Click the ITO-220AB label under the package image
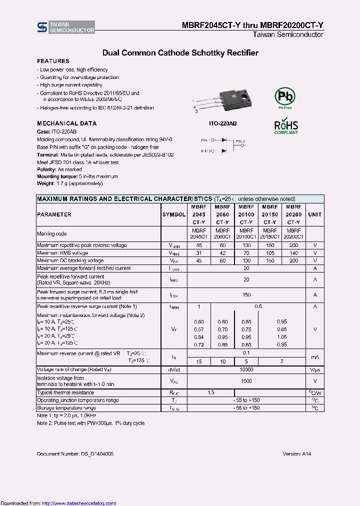click(222, 123)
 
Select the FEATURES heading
click(53, 60)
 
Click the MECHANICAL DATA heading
click(66, 123)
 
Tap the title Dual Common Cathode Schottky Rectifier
click(180, 52)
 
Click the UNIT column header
click(314, 214)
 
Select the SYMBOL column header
click(173, 214)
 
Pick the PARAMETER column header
click(54, 214)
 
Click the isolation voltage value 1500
click(246, 381)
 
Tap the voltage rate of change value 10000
click(246, 369)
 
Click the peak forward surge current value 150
click(246, 295)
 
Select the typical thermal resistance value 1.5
click(211, 393)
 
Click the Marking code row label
click(51, 233)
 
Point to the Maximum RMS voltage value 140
click(293, 253)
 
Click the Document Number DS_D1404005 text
click(75, 453)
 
